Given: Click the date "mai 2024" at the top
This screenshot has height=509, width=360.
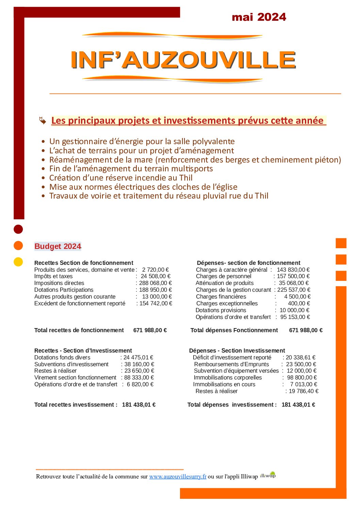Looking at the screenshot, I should point(259,17).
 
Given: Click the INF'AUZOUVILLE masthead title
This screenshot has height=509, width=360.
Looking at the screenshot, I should point(183,60).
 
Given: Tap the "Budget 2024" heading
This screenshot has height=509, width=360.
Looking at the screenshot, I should point(58,247).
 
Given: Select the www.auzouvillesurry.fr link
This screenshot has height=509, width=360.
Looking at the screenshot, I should point(178,476).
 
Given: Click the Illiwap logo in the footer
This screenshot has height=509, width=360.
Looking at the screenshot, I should point(268,475).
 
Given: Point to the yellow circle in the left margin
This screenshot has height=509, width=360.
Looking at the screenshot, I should point(18,262).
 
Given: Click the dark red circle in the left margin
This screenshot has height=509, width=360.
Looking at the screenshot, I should point(18,229).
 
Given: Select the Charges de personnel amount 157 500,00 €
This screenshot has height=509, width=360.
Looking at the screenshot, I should point(293,276).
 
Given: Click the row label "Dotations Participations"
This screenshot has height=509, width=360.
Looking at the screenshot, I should point(64,290).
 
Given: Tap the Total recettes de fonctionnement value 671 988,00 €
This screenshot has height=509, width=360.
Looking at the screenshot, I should point(150,330).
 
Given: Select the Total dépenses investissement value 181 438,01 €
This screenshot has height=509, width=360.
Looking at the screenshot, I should point(298,405).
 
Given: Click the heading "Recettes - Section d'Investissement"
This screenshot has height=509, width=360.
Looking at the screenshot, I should point(83,351).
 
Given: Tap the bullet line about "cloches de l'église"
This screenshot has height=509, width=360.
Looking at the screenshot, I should point(143,187).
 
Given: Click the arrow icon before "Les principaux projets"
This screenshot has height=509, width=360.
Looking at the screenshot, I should point(43,120).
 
